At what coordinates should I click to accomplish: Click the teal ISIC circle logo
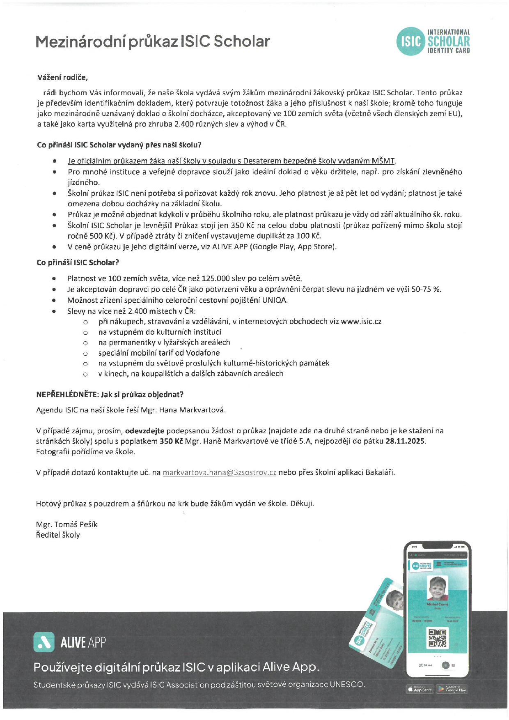pos(410,41)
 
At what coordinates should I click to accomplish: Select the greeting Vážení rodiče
pos(62,77)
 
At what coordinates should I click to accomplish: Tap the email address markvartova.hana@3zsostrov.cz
pos(219,472)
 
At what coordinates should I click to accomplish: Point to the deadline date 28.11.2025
pos(405,441)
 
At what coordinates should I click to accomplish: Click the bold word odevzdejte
pos(144,431)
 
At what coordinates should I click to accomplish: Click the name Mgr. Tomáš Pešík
pos(66,524)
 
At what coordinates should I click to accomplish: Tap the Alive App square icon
pos(44,642)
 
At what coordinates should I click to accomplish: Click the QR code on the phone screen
pos(437,638)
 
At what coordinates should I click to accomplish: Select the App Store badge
pos(420,690)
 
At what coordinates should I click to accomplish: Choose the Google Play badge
pos(452,690)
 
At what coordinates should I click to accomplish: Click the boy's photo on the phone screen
pos(437,588)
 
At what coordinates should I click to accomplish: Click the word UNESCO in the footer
pos(347,684)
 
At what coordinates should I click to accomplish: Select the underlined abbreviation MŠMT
pos(383,161)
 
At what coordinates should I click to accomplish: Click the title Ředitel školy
pos(58,535)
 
